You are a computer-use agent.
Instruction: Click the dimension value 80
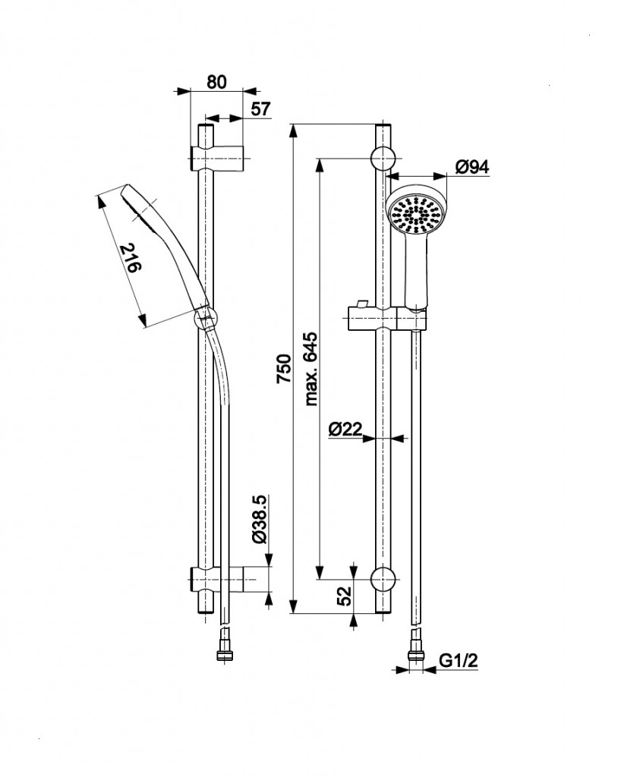[216, 83]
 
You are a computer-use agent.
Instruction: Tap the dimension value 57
[260, 109]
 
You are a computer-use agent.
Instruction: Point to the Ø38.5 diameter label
[259, 520]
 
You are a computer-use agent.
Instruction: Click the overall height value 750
[283, 369]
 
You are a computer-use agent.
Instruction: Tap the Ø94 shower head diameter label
[472, 168]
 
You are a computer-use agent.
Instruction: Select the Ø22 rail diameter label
[345, 429]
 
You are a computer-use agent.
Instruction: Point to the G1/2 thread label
[459, 662]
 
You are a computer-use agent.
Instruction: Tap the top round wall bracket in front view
[383, 158]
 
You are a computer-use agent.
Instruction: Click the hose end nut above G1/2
[415, 652]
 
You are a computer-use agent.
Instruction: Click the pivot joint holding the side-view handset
[206, 318]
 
